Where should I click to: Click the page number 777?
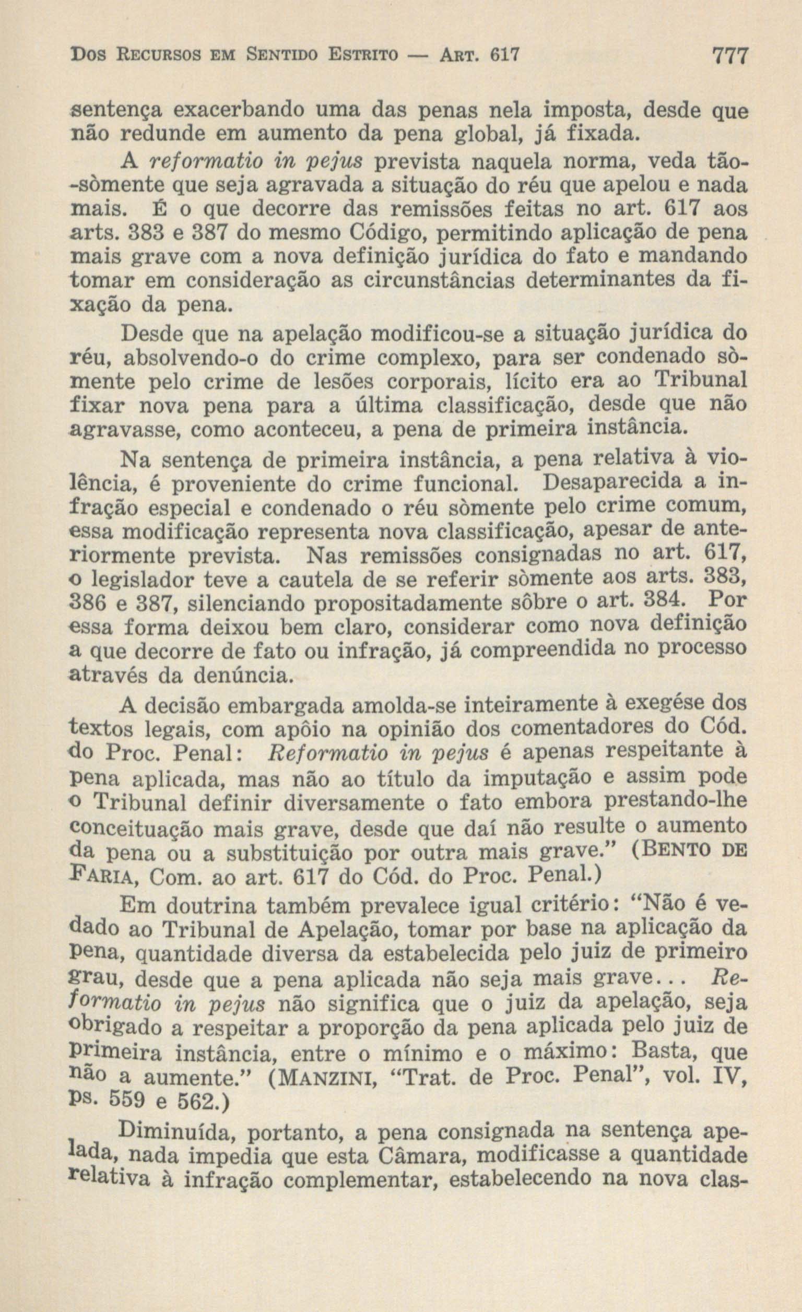click(729, 56)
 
